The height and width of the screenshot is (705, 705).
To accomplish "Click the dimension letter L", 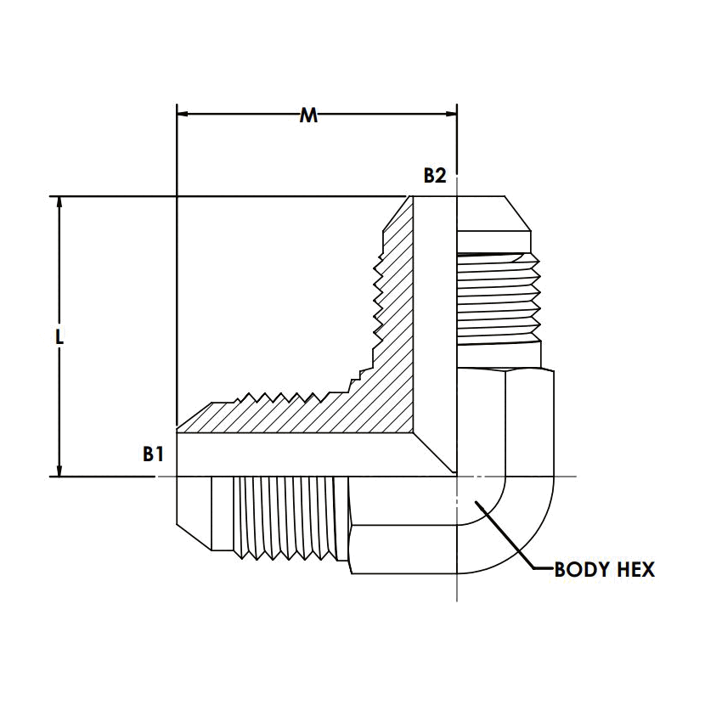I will click(59, 336).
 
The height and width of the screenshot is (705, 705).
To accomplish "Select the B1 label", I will click(153, 454).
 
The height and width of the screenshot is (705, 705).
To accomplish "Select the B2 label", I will click(435, 176).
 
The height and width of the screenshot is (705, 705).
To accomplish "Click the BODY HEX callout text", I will click(604, 570).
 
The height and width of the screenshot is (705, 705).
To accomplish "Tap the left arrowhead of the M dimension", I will click(182, 114).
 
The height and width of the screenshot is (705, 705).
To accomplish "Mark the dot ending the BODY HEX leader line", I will click(477, 502).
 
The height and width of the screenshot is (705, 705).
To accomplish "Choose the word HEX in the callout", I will click(636, 570).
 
